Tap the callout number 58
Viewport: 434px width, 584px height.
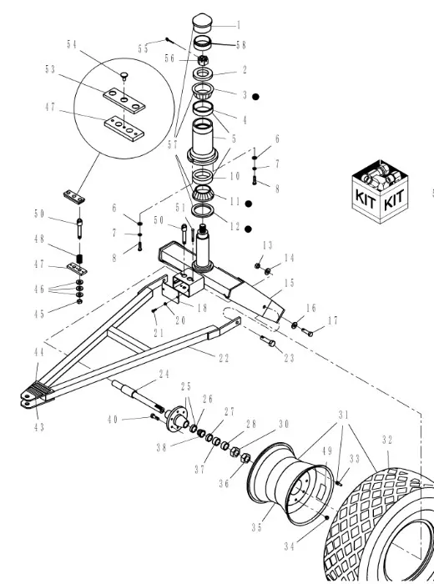pos(241,44)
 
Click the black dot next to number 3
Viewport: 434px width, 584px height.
pos(259,97)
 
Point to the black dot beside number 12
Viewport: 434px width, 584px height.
pos(248,229)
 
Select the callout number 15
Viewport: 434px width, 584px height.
pos(290,284)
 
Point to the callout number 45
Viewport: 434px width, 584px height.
pos(38,314)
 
